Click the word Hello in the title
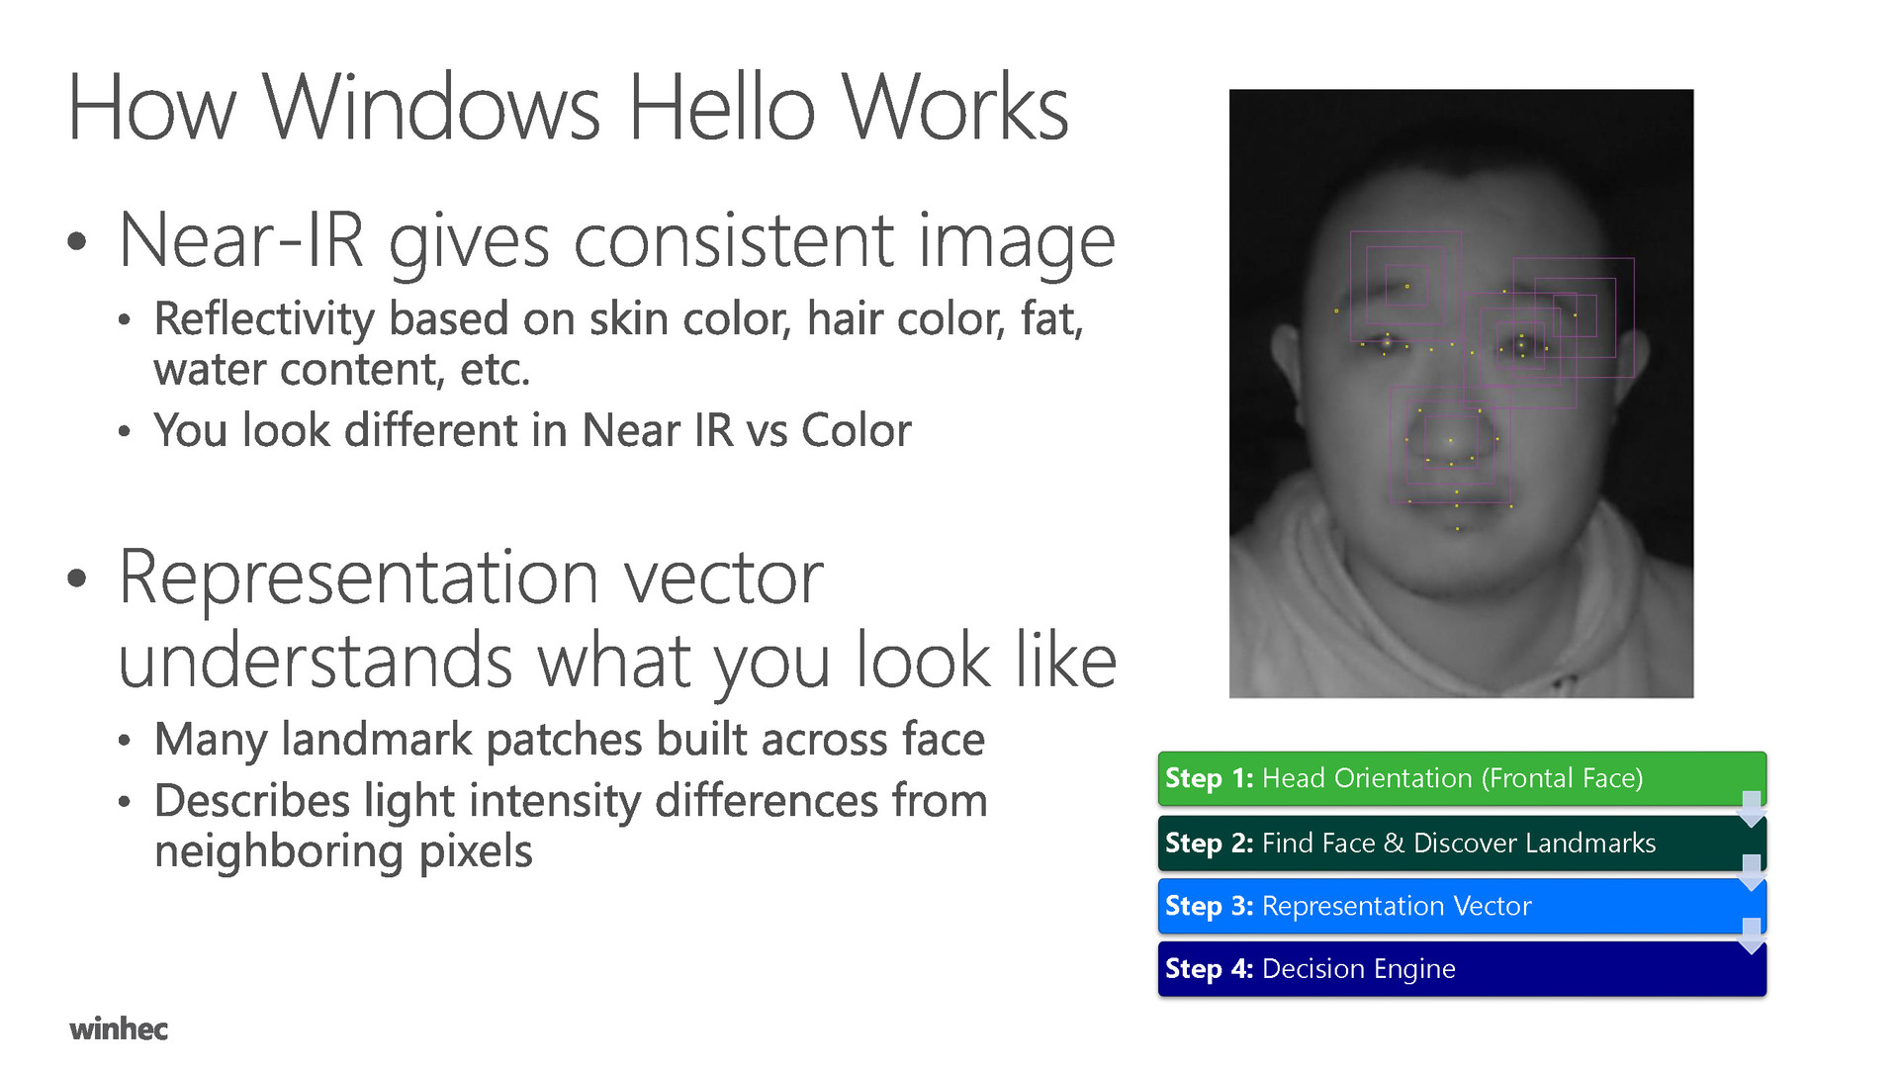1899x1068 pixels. pos(721,107)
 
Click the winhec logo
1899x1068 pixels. pos(119,1028)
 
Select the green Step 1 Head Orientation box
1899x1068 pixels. pos(1462,778)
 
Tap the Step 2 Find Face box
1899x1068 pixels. pos(1462,843)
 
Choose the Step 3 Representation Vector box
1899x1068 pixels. pos(1462,906)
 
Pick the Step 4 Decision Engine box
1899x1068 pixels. pos(1462,968)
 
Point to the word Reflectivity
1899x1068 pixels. pos(263,320)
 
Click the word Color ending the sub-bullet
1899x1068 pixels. pos(857,430)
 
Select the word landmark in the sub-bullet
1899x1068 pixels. pos(377,739)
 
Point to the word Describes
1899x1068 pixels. pos(252,800)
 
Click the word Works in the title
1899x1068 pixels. pos(954,107)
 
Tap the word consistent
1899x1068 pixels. pos(735,240)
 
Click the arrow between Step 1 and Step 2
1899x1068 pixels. pos(1751,809)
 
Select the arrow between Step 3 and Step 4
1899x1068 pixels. pos(1751,935)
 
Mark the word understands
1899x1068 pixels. pos(316,661)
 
